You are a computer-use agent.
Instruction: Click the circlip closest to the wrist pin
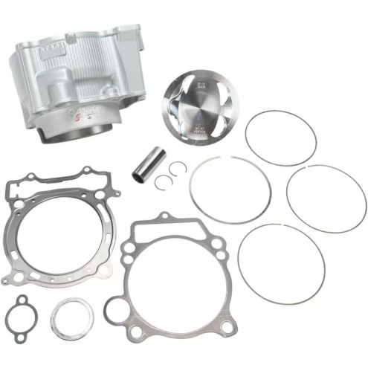point(166,171)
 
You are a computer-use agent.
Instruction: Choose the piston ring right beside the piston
point(280,138)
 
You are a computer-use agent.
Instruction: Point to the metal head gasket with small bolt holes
point(56,227)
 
